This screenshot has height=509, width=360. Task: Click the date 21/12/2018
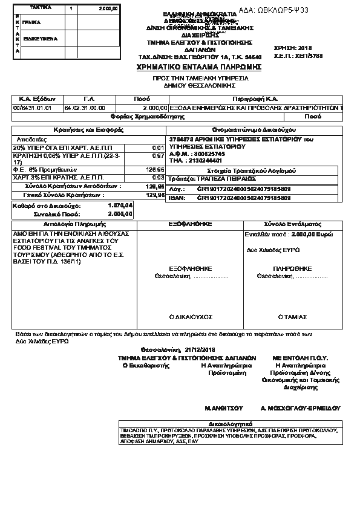point(200,349)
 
